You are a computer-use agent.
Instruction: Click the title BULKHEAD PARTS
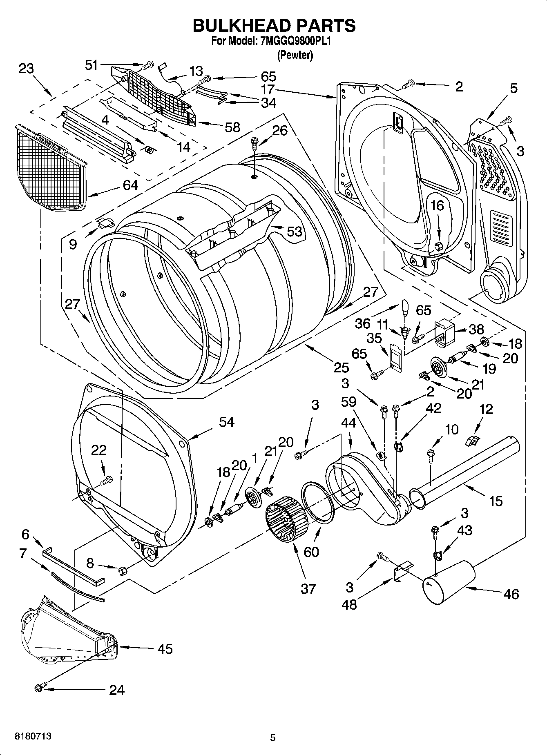(x=274, y=26)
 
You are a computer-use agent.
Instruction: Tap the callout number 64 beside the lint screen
(x=130, y=185)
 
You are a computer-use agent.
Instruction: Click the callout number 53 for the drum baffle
(x=294, y=231)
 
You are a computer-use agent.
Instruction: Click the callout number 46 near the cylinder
(x=511, y=593)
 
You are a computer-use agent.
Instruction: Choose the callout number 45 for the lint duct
(x=165, y=648)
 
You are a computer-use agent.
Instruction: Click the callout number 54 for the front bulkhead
(x=226, y=421)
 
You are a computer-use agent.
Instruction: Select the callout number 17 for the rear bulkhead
(x=268, y=89)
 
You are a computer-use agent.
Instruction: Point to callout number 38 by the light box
(x=476, y=329)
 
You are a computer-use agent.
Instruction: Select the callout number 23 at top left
(x=26, y=68)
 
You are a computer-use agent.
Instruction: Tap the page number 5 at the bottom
(x=273, y=737)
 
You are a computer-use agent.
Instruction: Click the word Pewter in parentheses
(x=295, y=56)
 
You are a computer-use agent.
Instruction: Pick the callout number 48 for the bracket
(x=349, y=604)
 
